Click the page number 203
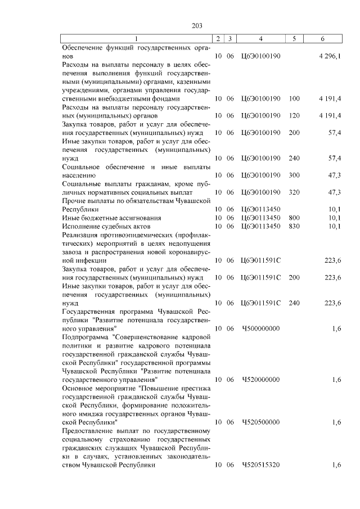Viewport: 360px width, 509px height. coord(196,25)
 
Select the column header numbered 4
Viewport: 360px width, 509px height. coord(260,39)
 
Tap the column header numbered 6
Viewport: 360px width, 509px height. coord(322,39)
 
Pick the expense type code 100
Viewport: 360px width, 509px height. coord(294,98)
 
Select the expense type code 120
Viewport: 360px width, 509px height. coord(294,115)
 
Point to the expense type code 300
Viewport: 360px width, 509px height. coord(294,175)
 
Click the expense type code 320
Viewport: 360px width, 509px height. coord(294,192)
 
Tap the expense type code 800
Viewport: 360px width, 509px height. coord(294,217)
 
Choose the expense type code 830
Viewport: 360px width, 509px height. coord(294,226)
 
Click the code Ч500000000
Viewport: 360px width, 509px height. coord(260,328)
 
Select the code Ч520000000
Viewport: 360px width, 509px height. coord(260,380)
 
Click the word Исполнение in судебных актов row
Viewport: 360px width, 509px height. coord(80,226)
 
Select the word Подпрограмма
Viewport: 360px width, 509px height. coord(84,336)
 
